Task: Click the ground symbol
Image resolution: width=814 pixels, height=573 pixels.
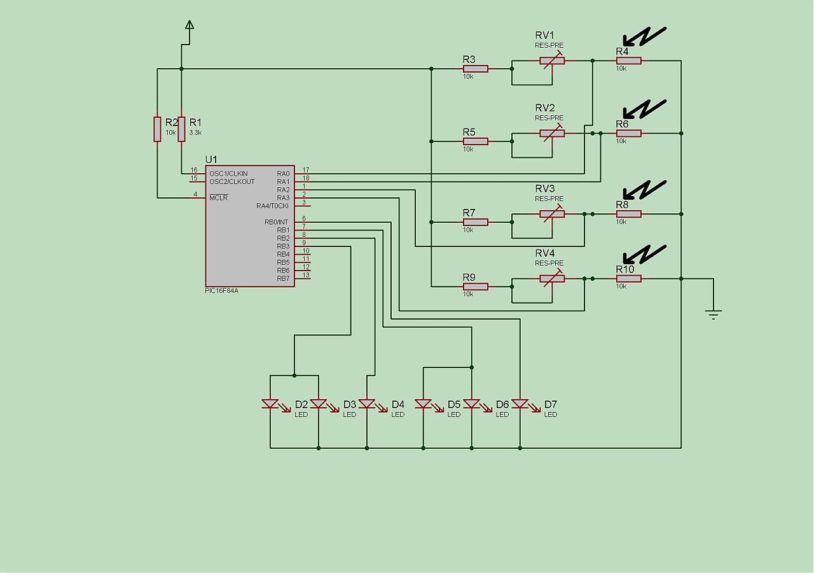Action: (714, 313)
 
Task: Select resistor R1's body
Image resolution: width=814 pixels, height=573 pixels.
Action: (181, 129)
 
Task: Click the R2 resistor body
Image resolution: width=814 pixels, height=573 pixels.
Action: (157, 129)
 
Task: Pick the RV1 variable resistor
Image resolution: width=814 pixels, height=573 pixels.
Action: (552, 60)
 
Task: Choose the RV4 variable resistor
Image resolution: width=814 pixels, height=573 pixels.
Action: (552, 278)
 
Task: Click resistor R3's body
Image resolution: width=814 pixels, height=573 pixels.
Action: (476, 68)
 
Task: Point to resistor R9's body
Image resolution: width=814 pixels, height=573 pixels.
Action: (476, 286)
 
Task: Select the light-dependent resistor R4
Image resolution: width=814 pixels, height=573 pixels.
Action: (628, 60)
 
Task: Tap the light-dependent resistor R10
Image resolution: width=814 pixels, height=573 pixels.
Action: (628, 278)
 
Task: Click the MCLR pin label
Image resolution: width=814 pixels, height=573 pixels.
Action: (218, 197)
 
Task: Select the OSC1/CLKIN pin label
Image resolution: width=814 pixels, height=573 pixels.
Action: (228, 173)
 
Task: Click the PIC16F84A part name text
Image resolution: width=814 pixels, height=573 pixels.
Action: (222, 290)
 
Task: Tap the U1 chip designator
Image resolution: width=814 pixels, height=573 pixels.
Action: (211, 159)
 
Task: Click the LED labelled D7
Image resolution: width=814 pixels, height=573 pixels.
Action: (520, 404)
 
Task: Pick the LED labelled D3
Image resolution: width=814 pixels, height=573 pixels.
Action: (318, 404)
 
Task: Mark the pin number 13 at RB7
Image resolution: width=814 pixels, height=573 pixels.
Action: (306, 275)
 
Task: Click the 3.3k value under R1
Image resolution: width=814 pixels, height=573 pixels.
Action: (195, 132)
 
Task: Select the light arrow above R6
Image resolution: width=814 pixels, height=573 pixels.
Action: (644, 109)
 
